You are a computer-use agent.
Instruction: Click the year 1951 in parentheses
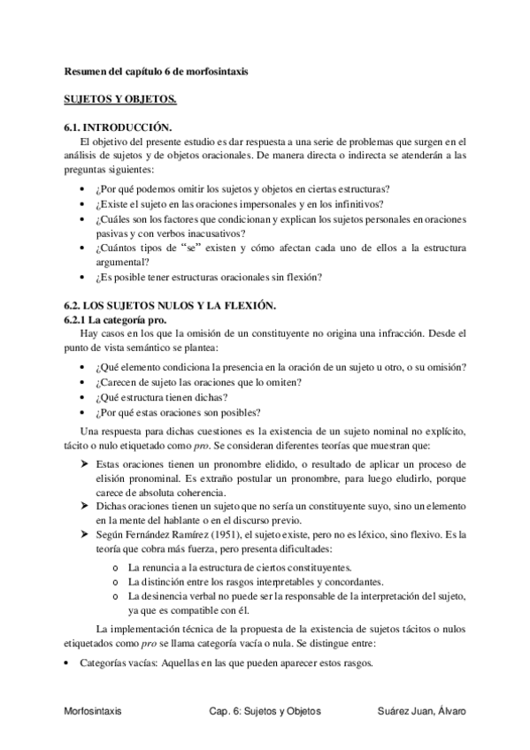coord(205,535)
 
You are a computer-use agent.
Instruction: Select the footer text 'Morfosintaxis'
coord(93,710)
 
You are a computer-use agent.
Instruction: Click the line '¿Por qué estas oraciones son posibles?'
coord(175,412)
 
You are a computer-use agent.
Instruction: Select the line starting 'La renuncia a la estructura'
coord(240,567)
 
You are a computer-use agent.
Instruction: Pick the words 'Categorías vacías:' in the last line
coord(114,663)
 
